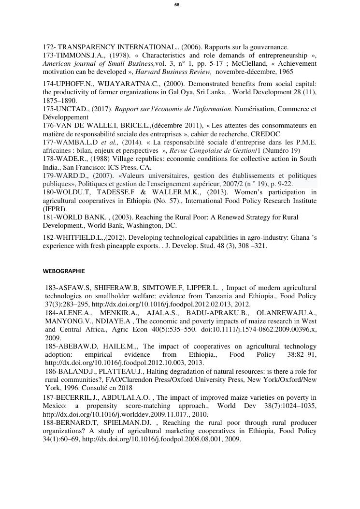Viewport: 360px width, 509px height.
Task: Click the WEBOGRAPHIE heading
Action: [64, 271]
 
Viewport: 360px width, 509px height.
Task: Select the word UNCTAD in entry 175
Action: [71, 109]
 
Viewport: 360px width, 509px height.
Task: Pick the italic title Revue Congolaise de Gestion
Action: [210, 150]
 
